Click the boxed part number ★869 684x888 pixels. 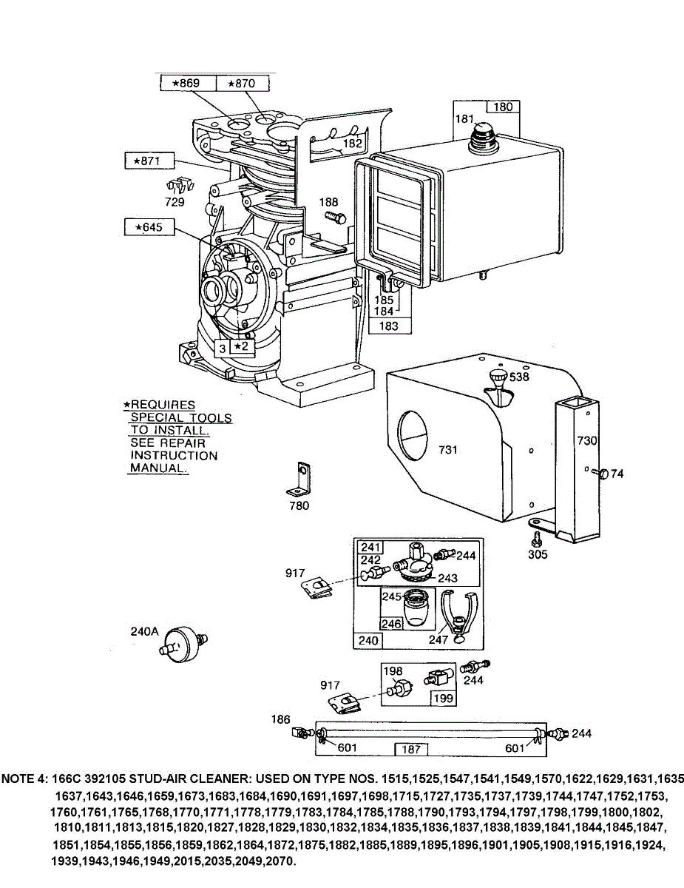[x=188, y=84]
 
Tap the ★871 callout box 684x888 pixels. [x=148, y=161]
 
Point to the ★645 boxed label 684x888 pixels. [x=149, y=227]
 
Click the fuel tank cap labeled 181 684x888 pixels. [x=485, y=133]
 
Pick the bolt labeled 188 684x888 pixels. [x=336, y=217]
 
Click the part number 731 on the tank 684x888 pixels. [x=449, y=450]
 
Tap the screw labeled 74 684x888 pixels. [x=600, y=474]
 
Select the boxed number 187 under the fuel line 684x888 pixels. [x=412, y=749]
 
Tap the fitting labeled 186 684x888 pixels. [x=300, y=733]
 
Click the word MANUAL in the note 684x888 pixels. [x=158, y=468]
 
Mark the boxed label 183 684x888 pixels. [x=389, y=326]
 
